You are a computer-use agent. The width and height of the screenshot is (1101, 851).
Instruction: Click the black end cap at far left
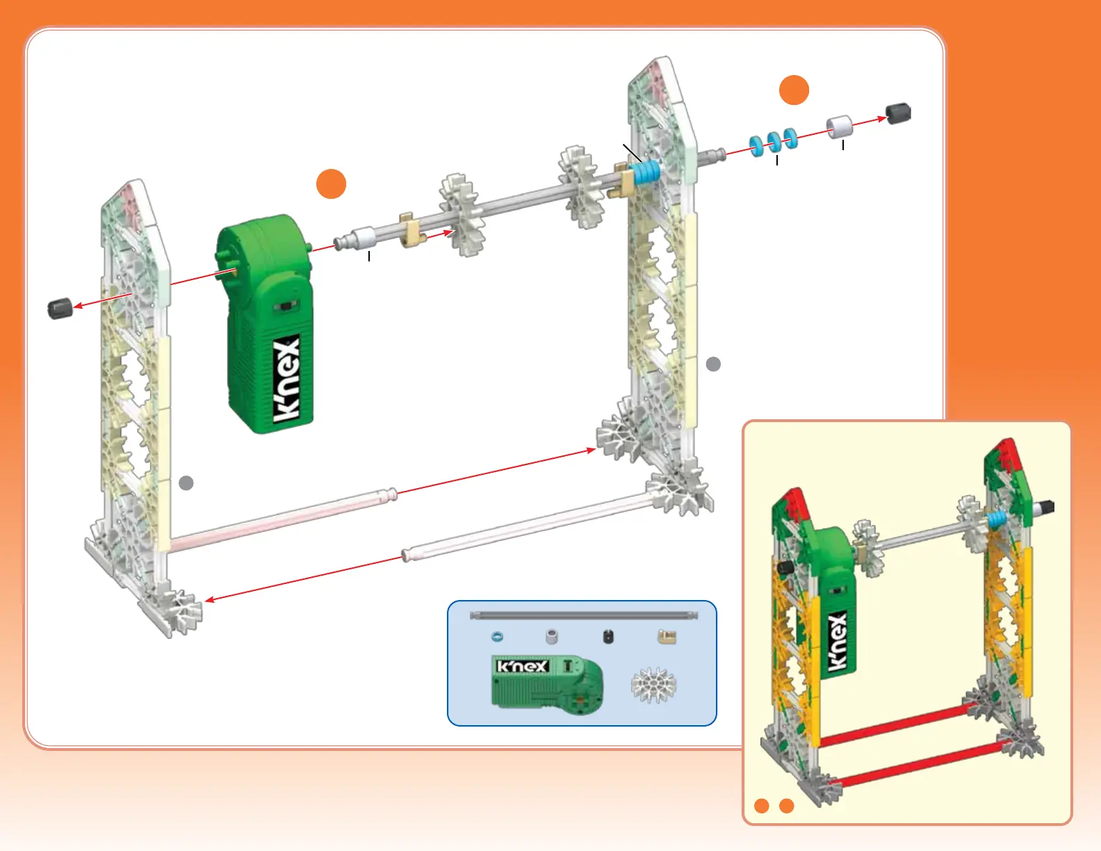point(60,307)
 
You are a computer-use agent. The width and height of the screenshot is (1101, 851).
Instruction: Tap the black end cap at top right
point(898,113)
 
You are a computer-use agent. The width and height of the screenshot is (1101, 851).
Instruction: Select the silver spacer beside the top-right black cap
point(839,127)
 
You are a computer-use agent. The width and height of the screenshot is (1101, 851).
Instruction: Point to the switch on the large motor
point(284,307)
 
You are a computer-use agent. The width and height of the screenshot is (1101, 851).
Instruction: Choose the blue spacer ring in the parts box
point(497,636)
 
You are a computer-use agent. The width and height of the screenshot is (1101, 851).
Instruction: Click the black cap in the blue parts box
point(608,636)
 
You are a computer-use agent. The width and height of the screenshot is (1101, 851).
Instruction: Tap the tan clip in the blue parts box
point(667,636)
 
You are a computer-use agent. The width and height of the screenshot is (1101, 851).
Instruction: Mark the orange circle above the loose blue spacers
point(794,90)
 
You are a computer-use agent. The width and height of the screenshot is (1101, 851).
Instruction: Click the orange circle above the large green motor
point(332,184)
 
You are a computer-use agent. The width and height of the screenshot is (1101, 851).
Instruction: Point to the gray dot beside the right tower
point(713,364)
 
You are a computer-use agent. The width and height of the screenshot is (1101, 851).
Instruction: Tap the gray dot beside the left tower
point(186,483)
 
